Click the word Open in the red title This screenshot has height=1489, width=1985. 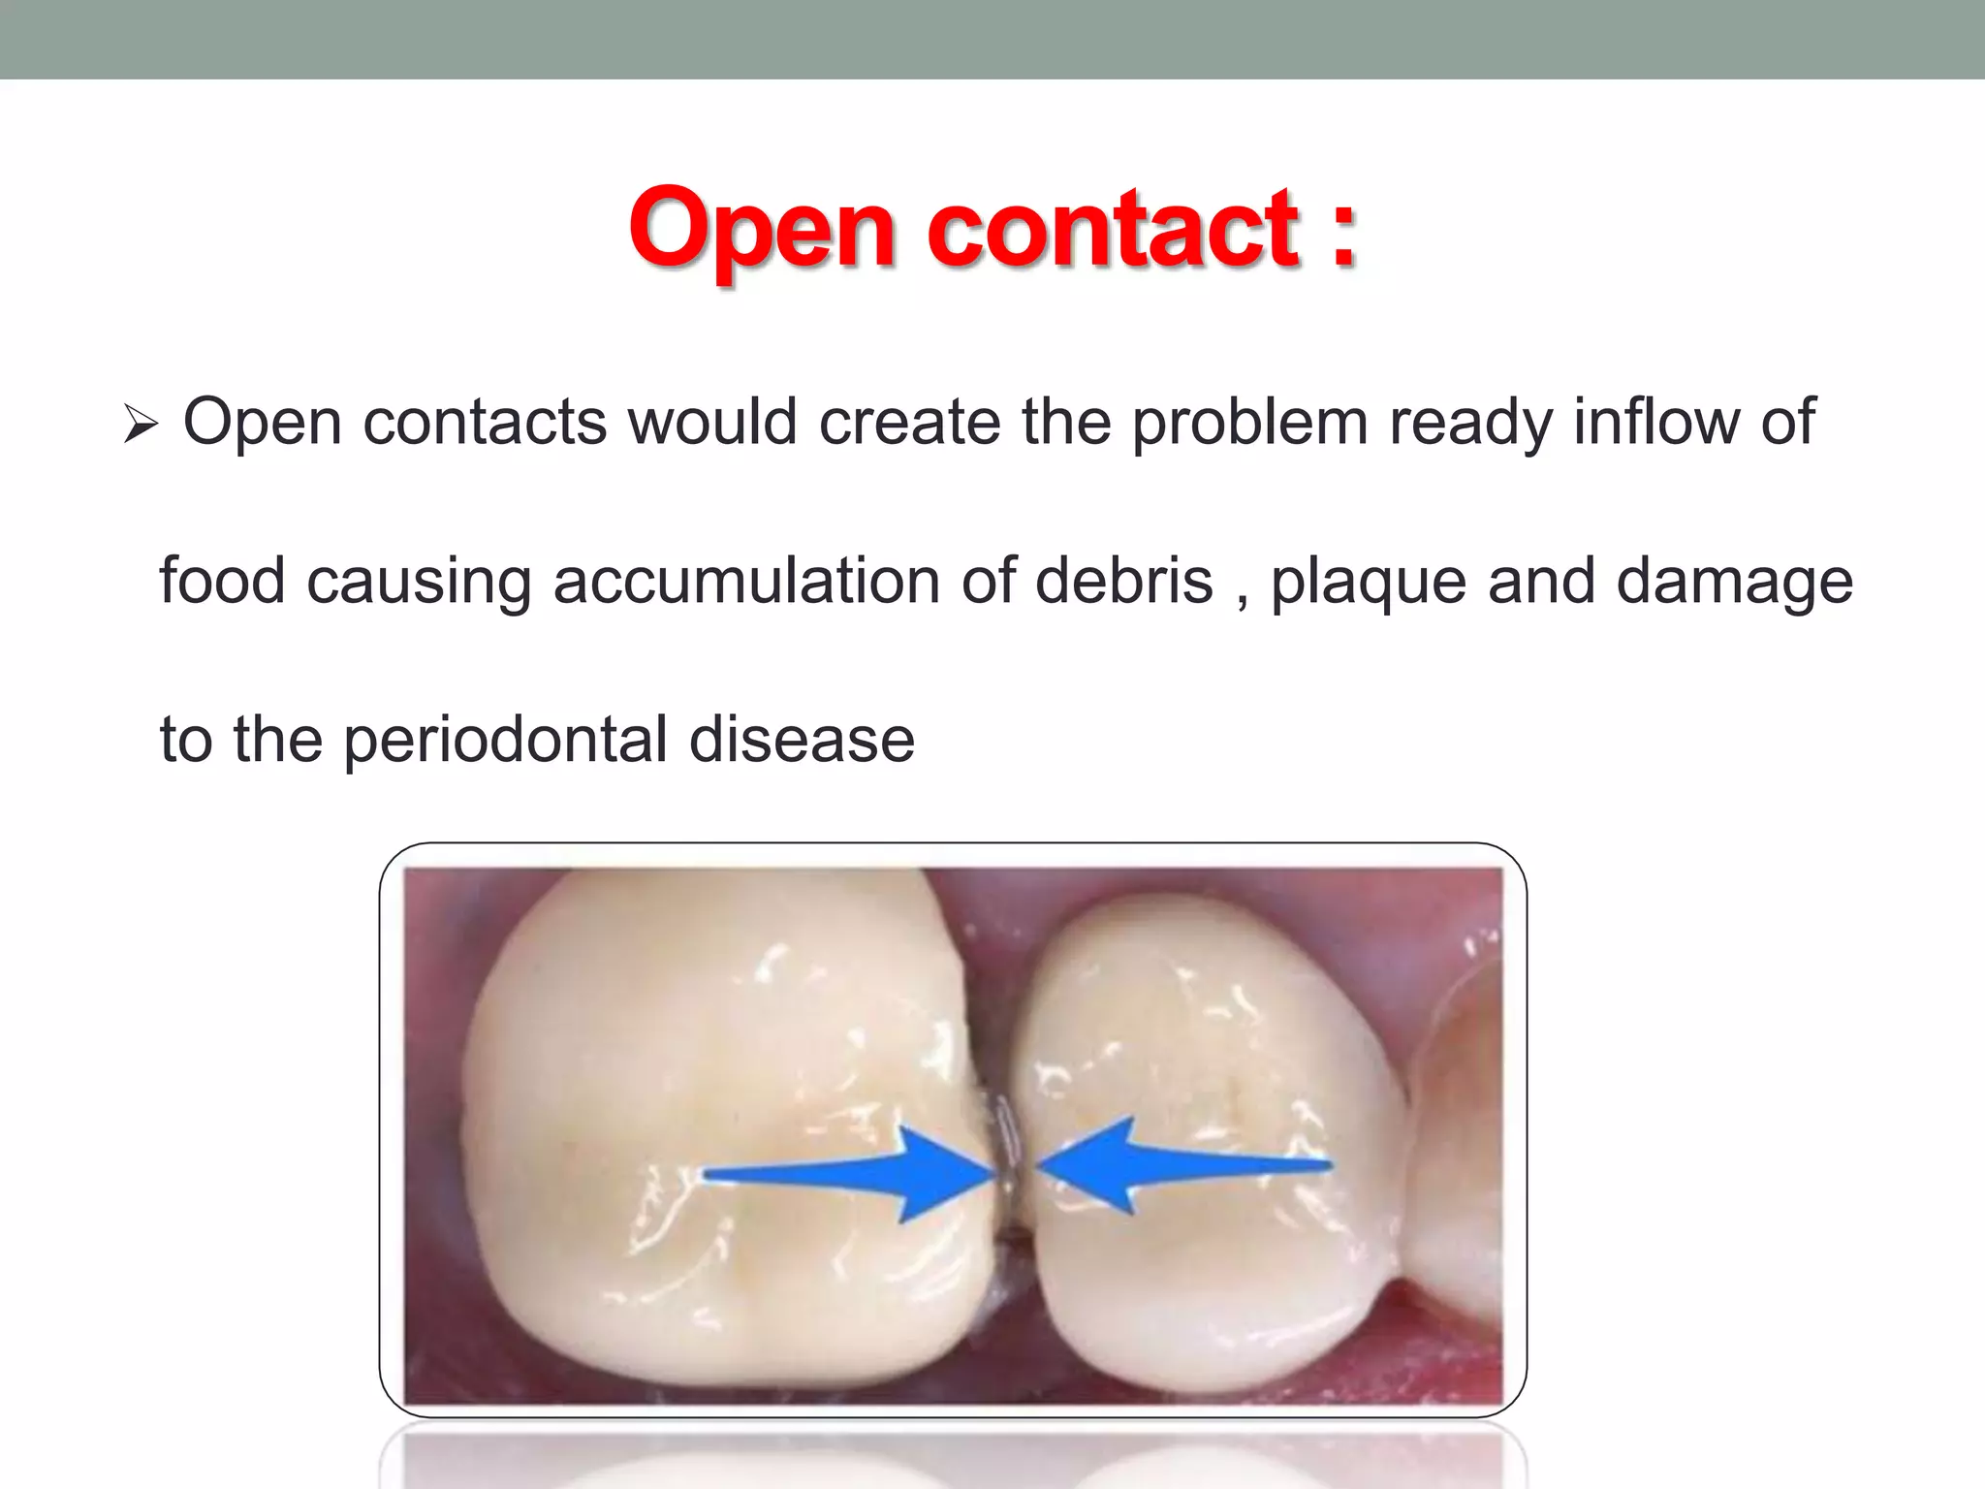[x=763, y=230]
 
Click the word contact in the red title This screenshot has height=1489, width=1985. [x=1113, y=230]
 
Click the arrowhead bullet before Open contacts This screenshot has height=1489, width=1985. [x=141, y=425]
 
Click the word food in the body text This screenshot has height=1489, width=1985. [x=222, y=582]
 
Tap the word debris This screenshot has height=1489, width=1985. [x=1124, y=582]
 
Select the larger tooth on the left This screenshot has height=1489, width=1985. [x=717, y=1115]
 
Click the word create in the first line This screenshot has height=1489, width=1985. [x=910, y=423]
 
